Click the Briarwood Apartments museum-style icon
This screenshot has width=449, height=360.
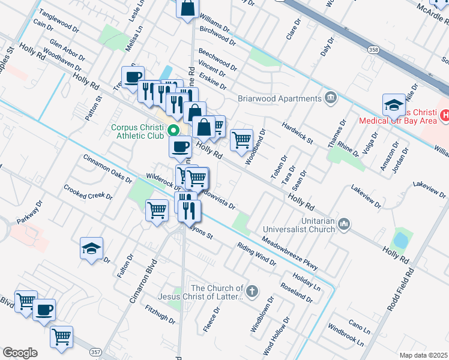[x=330, y=98]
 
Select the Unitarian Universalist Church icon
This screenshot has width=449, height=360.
[x=344, y=225]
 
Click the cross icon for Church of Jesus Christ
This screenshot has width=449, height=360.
[x=253, y=292]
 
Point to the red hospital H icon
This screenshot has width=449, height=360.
[x=445, y=114]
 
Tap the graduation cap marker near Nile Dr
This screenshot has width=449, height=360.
[x=393, y=105]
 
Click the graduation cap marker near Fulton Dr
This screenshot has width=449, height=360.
[x=91, y=249]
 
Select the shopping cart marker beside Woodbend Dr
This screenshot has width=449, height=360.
[x=241, y=140]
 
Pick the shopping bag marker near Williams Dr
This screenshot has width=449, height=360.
[x=188, y=8]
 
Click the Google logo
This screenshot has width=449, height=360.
[x=20, y=353]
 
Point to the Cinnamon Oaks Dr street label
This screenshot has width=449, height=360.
[x=106, y=167]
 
